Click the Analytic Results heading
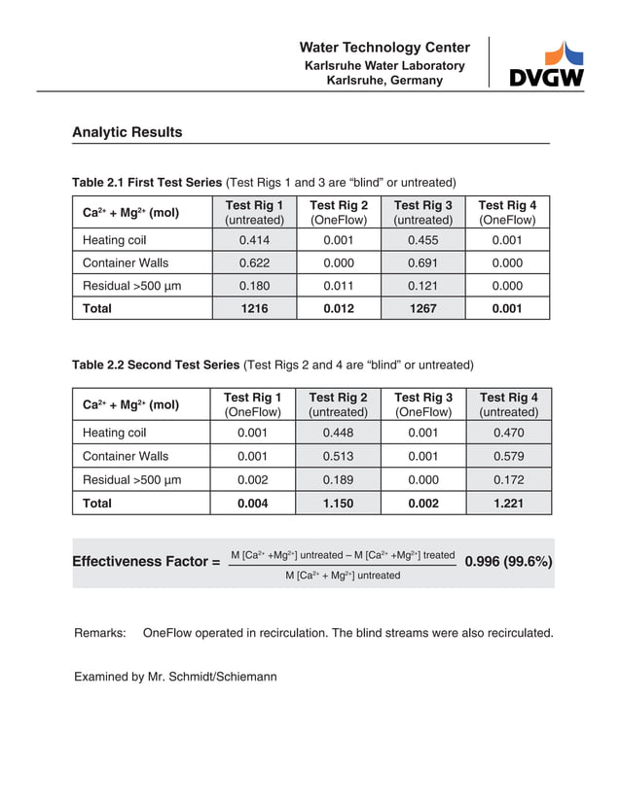[127, 132]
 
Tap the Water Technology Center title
[384, 48]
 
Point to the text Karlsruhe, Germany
[384, 81]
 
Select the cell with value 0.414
[254, 240]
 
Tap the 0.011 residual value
[338, 286]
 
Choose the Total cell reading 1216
[254, 308]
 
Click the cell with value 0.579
[508, 456]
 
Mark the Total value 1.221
[508, 503]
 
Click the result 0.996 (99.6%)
[509, 562]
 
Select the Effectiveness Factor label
[146, 562]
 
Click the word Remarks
[100, 633]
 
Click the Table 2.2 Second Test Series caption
[156, 366]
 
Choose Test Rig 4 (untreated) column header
[508, 404]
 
